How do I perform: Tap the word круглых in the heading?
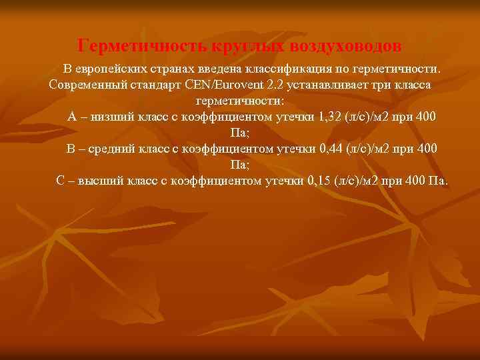[246, 46]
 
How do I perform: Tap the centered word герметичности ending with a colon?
[240, 101]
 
